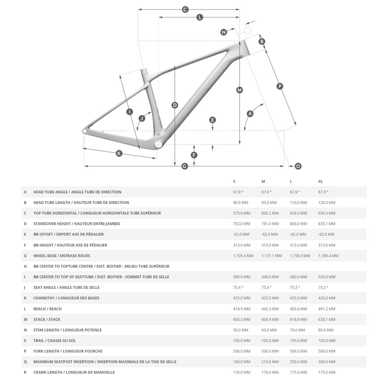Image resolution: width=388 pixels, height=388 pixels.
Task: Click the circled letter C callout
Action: (x=185, y=9)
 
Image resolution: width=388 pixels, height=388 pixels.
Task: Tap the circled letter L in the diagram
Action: (x=199, y=17)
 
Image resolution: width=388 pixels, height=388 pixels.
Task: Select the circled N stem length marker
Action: (x=224, y=32)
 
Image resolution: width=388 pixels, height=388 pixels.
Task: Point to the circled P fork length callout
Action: (x=280, y=86)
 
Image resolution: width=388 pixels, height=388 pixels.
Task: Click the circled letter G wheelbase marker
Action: (x=185, y=166)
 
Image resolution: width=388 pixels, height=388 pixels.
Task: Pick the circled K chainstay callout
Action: (x=119, y=153)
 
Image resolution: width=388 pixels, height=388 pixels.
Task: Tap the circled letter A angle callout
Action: (x=250, y=114)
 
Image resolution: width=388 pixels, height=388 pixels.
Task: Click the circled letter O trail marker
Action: (x=298, y=166)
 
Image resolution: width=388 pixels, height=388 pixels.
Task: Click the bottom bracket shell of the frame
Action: (x=158, y=144)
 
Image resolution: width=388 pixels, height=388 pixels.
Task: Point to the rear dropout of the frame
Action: (x=85, y=131)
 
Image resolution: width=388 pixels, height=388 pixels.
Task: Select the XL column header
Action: (x=320, y=182)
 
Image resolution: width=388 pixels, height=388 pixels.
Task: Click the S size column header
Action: (x=234, y=182)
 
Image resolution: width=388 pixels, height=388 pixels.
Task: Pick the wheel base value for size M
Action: (x=271, y=256)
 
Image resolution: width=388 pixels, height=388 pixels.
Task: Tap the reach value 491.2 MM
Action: (x=327, y=309)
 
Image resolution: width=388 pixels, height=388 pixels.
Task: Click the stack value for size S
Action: (x=242, y=319)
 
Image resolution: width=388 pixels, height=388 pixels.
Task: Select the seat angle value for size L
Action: (x=295, y=287)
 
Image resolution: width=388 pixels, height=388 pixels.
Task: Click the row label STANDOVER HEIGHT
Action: (x=77, y=224)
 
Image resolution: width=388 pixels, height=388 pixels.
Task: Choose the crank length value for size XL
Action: (x=327, y=372)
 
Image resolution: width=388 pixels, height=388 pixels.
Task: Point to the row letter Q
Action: (x=25, y=362)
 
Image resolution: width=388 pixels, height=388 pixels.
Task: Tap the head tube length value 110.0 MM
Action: (x=298, y=202)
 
